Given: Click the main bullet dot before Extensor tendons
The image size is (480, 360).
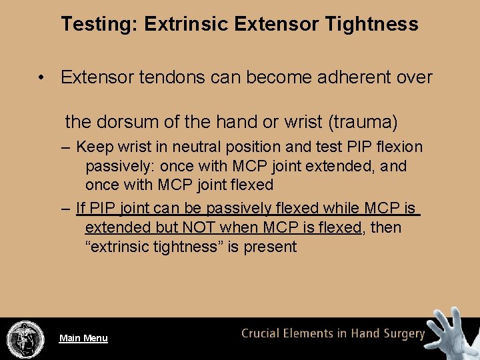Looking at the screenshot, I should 41,78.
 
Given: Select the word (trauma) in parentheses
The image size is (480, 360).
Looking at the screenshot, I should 362,121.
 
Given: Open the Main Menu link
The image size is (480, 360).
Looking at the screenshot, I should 83,338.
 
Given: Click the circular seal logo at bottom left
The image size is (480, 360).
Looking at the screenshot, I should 25,339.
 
